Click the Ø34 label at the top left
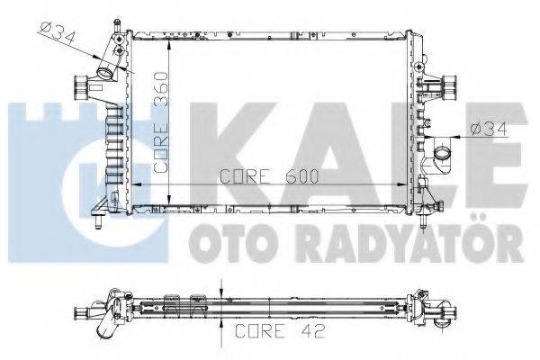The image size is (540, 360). [57, 32]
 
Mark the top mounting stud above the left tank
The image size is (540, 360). [116, 18]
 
